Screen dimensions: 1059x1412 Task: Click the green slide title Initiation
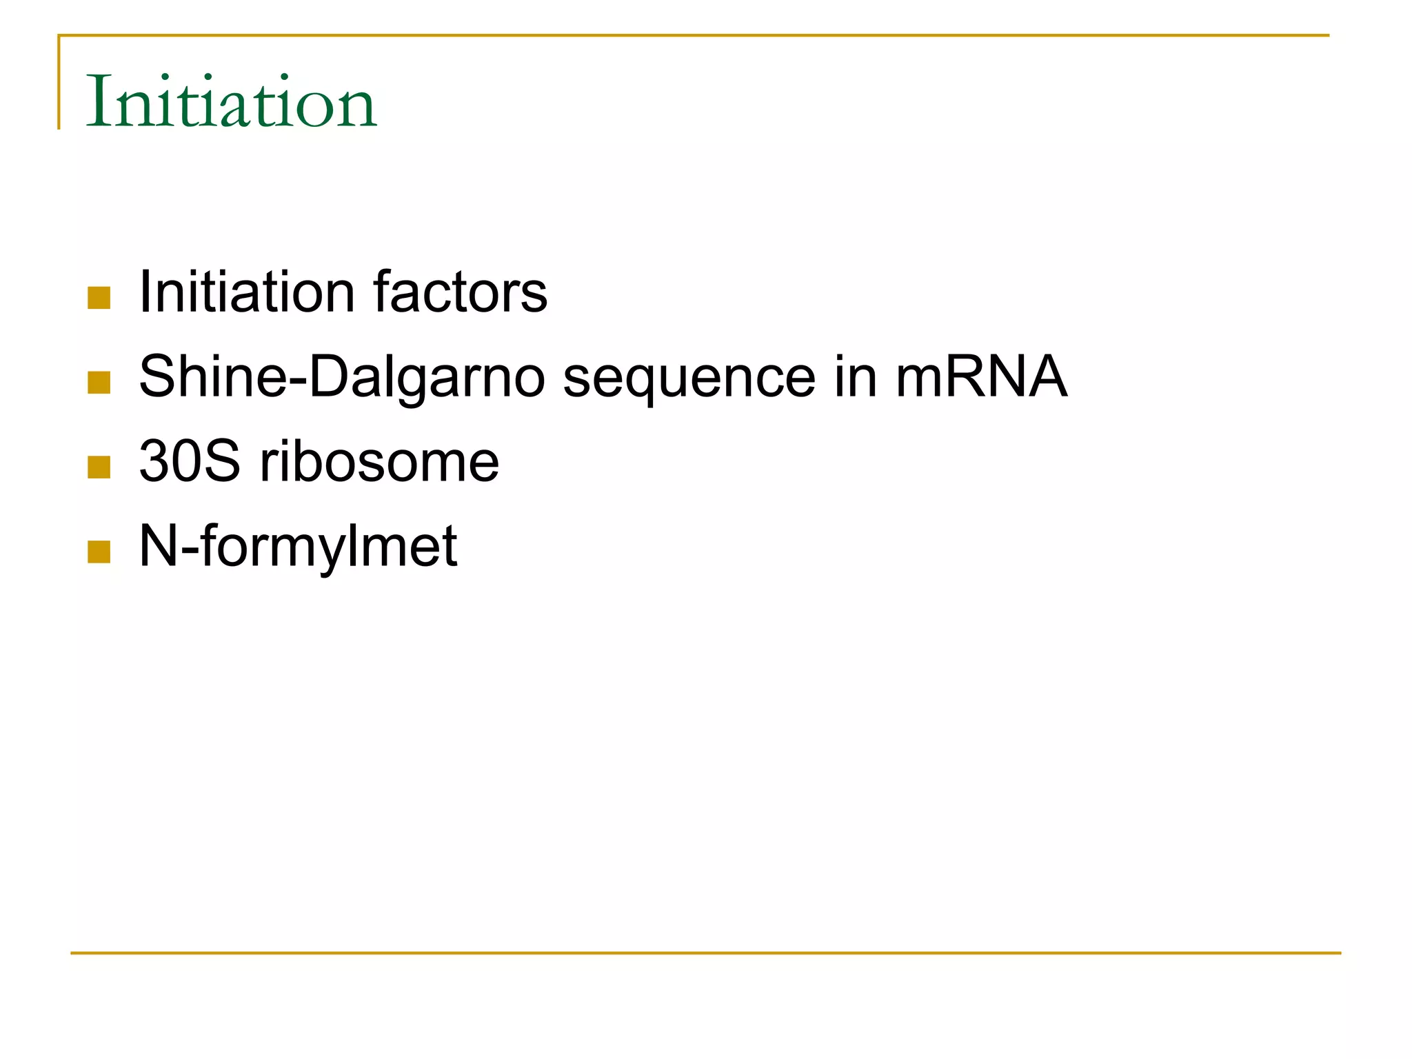[x=231, y=102]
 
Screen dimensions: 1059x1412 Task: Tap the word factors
[x=460, y=292]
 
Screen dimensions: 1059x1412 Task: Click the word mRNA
[x=981, y=376]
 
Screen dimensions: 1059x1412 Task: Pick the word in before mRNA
[x=855, y=376]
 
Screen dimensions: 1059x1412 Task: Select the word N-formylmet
[x=298, y=547]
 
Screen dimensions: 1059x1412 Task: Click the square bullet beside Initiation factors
[x=99, y=298]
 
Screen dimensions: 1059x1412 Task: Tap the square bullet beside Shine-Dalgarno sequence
[x=99, y=383]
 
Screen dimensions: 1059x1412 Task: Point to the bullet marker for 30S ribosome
[x=99, y=467]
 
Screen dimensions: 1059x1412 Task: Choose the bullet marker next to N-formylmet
[x=99, y=552]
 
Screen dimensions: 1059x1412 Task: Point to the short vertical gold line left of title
[x=59, y=83]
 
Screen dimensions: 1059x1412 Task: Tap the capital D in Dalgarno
[x=330, y=376]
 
